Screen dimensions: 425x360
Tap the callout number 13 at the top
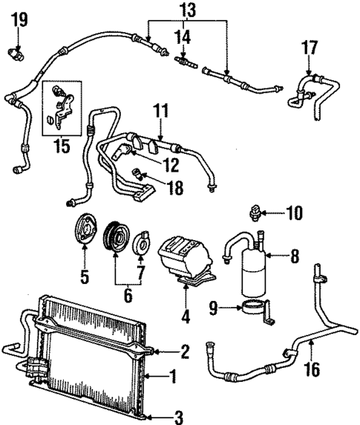187,10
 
